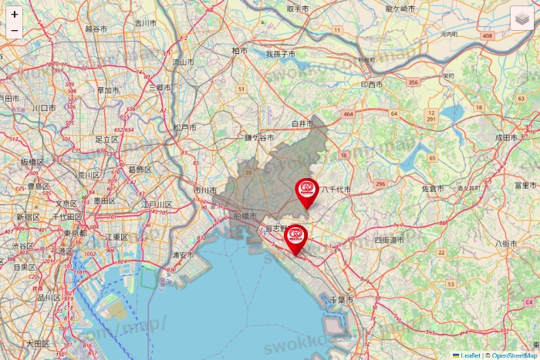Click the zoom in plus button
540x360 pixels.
15,14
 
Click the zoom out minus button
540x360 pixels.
15,32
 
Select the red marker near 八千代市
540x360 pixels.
307,190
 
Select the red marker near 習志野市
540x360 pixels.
295,237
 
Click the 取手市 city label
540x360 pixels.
297,8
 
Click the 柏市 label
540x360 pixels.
240,50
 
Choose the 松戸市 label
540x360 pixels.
184,127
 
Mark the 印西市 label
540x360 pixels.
371,84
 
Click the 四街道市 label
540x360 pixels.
389,240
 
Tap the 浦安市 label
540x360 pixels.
183,255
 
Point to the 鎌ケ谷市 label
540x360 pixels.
259,137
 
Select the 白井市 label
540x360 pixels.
302,123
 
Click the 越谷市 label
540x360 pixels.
97,28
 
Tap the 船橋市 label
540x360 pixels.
245,217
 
